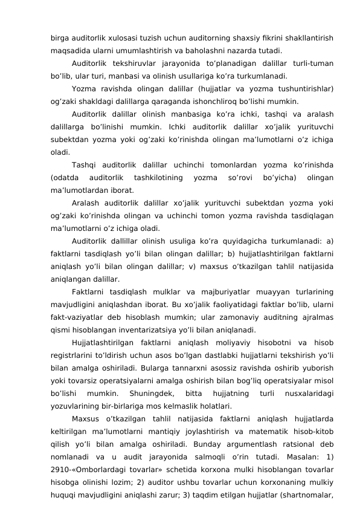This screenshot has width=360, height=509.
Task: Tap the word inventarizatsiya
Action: [x=153, y=329]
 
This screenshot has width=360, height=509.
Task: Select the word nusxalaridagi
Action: [x=304, y=392]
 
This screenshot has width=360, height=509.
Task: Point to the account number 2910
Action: [x=61, y=481]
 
